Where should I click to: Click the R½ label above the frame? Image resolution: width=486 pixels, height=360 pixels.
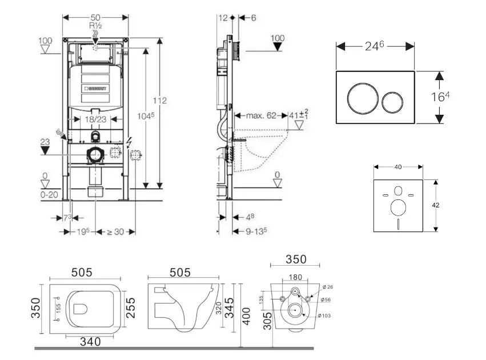point(95,26)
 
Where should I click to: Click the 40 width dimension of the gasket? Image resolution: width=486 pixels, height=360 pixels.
point(398,167)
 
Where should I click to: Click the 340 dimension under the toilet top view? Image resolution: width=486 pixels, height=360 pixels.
point(90,342)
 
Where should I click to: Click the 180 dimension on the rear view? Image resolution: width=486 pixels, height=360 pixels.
point(295,277)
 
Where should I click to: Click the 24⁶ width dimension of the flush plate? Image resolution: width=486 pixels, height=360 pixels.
point(375,46)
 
